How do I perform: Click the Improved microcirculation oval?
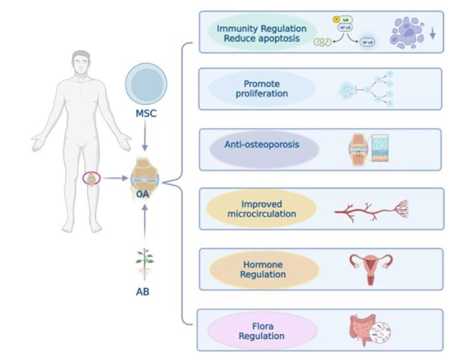tap(262, 209)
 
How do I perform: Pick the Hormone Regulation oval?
tap(262, 269)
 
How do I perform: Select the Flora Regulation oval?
tap(262, 331)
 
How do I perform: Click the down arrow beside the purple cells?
tap(433, 34)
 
